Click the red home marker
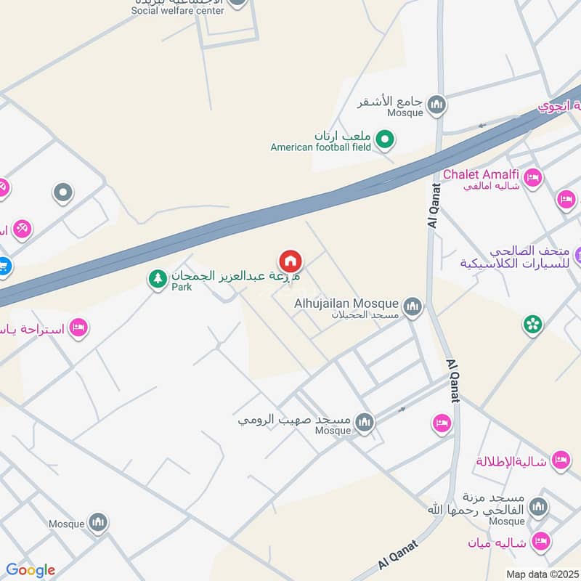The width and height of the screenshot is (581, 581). (x=290, y=261)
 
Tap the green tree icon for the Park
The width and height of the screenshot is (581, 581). (x=157, y=278)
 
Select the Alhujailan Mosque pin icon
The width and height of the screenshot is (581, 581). (x=413, y=307)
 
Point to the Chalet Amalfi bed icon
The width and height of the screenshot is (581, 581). (x=532, y=177)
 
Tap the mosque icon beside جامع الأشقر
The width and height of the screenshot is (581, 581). (x=436, y=106)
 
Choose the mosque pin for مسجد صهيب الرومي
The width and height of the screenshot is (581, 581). (x=364, y=422)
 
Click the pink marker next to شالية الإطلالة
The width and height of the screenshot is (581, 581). (x=560, y=460)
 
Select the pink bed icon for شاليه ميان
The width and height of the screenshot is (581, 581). (x=540, y=540)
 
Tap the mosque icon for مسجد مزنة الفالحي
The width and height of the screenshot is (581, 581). (x=538, y=506)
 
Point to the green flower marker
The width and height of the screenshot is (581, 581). (x=533, y=324)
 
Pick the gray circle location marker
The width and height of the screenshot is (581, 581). (x=63, y=192)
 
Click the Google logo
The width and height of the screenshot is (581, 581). (x=31, y=570)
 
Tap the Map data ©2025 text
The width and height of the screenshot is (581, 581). (x=542, y=574)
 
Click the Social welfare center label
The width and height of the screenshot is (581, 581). (x=177, y=10)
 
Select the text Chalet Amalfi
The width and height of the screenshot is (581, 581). (x=480, y=174)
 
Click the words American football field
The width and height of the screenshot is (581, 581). (x=320, y=147)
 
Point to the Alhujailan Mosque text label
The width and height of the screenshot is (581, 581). (x=346, y=304)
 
